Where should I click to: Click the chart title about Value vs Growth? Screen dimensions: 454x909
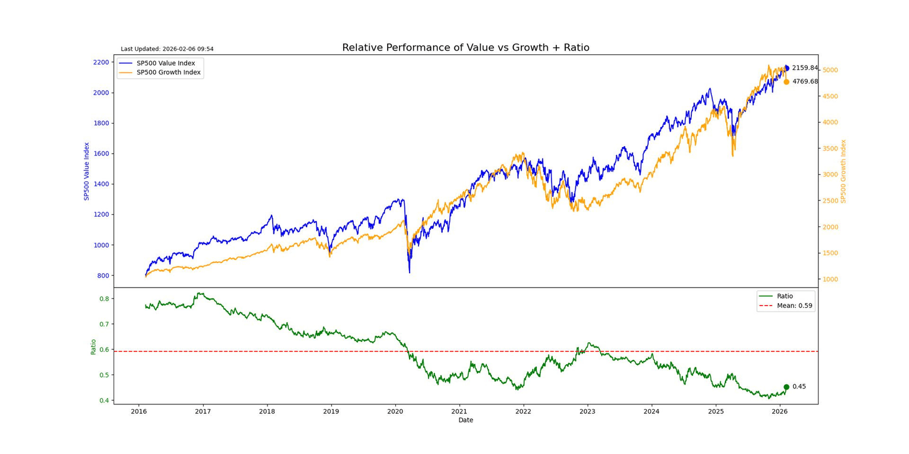[465, 48]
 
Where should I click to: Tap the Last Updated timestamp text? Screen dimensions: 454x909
[167, 49]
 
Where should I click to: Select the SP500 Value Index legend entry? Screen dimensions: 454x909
[169, 63]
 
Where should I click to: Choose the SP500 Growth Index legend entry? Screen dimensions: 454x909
[168, 73]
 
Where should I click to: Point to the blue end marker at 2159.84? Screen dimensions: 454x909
[786, 68]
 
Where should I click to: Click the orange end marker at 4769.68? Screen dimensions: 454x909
[786, 82]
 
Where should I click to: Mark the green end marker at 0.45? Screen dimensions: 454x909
[786, 387]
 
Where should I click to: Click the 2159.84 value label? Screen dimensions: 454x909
[805, 68]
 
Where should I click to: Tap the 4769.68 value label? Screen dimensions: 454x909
[805, 82]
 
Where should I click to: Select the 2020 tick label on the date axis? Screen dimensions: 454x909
[395, 411]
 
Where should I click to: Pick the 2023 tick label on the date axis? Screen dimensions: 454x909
[587, 411]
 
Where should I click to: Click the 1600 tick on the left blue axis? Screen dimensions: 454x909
[101, 154]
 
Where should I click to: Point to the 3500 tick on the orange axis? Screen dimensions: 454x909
[832, 148]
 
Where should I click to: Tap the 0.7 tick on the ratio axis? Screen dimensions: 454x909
[104, 324]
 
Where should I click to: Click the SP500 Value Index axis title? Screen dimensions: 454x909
[86, 171]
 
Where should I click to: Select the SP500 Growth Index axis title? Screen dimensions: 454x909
[844, 171]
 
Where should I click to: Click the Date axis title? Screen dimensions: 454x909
[466, 420]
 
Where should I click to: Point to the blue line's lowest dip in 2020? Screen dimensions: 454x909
[410, 273]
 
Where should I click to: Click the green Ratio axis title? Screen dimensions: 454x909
[93, 346]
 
